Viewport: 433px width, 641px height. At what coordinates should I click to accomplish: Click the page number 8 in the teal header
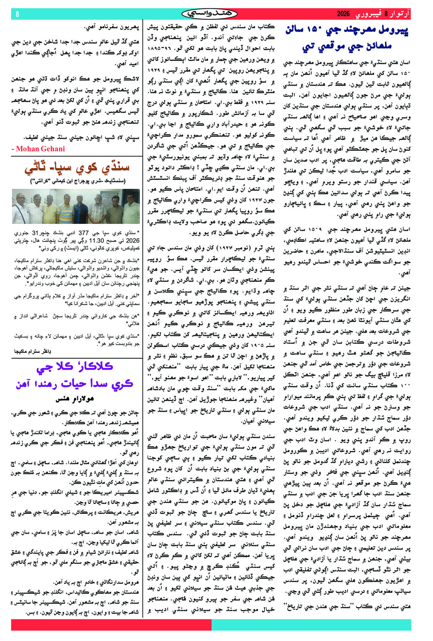pos(17,14)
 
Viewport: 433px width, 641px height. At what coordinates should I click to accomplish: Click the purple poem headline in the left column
pos(74,375)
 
